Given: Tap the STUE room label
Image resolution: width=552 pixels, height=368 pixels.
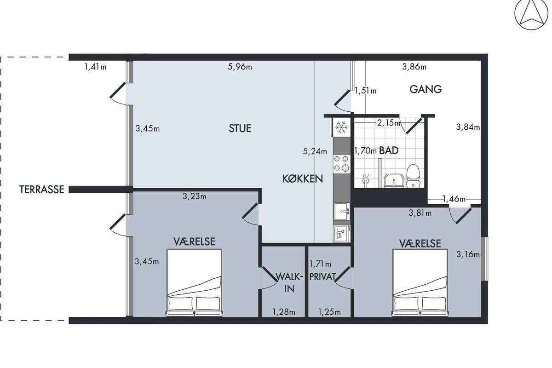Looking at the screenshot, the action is click(240, 128).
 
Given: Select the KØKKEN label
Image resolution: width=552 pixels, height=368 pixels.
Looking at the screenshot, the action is click(303, 178).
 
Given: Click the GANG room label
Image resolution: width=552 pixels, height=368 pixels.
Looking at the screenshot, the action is click(425, 89).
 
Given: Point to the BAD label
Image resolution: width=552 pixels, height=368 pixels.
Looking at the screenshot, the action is click(389, 150).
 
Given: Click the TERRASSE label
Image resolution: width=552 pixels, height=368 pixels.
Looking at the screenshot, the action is click(42, 190).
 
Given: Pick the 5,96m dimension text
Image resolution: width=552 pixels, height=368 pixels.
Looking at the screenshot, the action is click(240, 67).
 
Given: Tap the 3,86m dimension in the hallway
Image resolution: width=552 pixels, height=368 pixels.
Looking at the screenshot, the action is click(414, 67).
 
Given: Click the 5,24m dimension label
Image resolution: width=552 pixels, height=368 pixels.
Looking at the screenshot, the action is click(315, 151).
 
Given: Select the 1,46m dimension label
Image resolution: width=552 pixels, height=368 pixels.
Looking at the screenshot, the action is click(454, 199).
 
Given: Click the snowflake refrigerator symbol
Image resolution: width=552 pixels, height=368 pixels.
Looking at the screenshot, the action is click(341, 127).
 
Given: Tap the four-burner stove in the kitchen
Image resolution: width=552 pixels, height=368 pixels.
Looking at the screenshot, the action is click(341, 163).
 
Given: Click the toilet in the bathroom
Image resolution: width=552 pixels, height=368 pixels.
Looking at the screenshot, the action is click(413, 176).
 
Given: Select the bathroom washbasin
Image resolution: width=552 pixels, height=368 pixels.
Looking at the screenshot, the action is click(394, 181).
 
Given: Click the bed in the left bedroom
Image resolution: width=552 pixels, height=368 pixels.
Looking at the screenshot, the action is click(194, 283).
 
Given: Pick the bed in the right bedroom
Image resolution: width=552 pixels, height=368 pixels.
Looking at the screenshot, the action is click(420, 283).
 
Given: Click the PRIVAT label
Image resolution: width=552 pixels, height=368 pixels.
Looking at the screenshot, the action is click(322, 277).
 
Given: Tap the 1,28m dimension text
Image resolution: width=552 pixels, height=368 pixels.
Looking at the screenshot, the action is click(284, 312).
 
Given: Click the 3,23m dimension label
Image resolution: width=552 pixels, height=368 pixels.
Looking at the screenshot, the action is click(195, 196).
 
